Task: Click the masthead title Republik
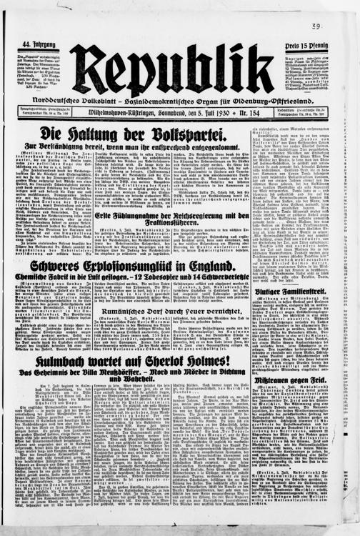[171, 69]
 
